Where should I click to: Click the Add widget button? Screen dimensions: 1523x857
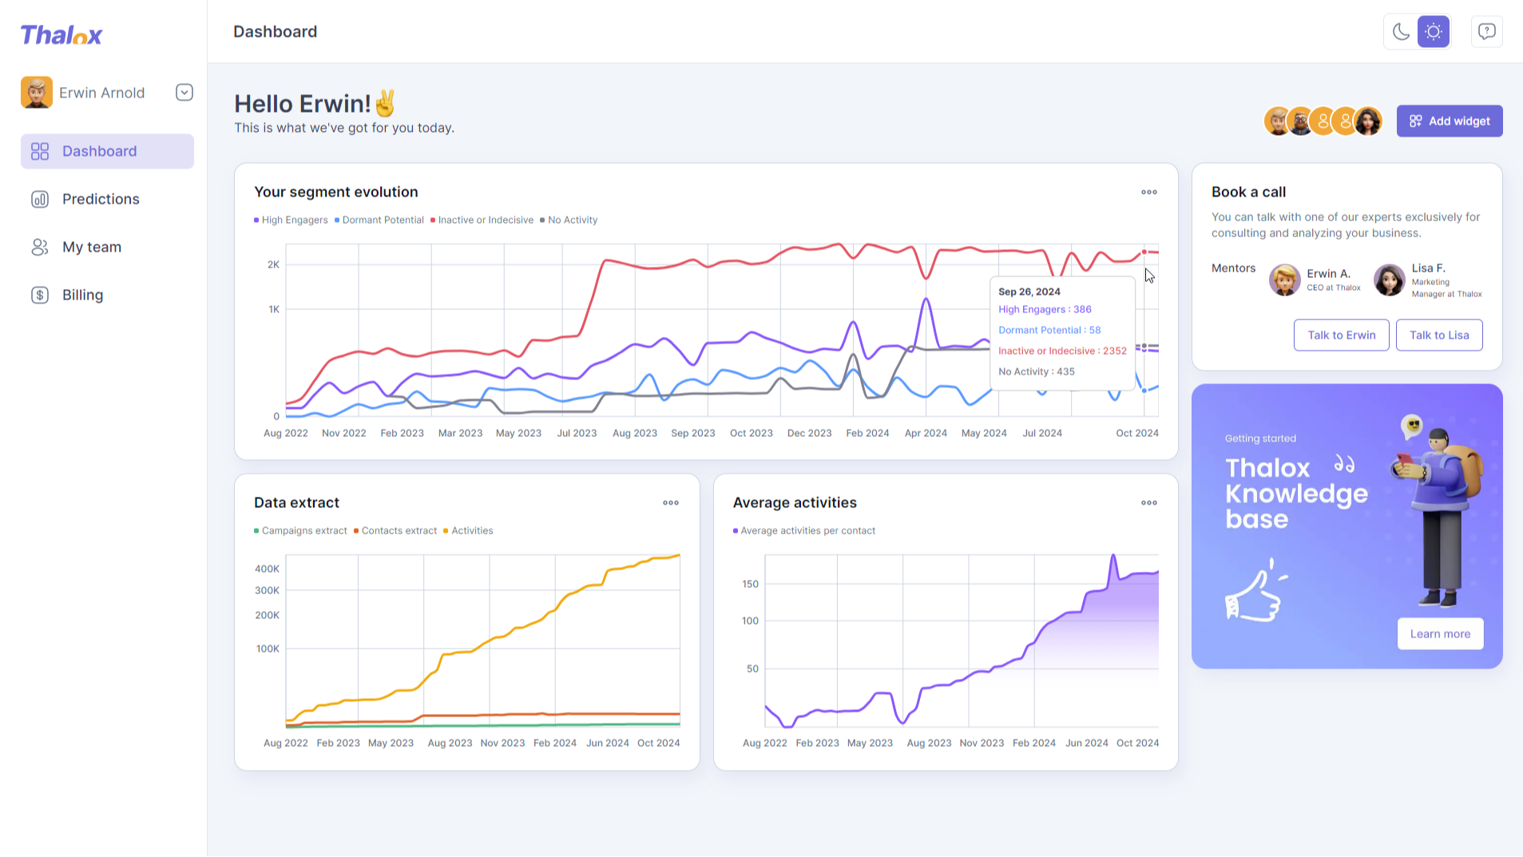[1449, 121]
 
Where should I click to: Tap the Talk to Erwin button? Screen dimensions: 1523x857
[1341, 335]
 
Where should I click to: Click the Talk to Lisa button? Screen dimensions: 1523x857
[1439, 335]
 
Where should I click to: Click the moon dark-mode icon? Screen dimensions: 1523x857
[1401, 32]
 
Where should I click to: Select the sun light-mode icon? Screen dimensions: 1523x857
[1434, 32]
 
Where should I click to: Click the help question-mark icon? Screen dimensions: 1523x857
[1486, 32]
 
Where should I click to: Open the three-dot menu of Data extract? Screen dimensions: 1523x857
[671, 502]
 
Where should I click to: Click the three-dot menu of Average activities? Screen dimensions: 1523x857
[1149, 502]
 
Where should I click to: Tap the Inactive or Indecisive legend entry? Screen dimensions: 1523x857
[482, 220]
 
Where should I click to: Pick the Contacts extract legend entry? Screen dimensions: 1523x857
[395, 530]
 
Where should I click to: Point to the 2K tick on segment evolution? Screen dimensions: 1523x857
[273, 264]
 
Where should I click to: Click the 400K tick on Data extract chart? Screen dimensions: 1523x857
[267, 569]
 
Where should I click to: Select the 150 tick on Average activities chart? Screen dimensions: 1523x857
[750, 584]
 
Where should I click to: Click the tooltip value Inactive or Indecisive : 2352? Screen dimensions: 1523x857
[1062, 351]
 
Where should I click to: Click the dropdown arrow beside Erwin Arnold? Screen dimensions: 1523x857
[184, 93]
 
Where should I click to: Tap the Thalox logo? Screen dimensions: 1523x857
[61, 35]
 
